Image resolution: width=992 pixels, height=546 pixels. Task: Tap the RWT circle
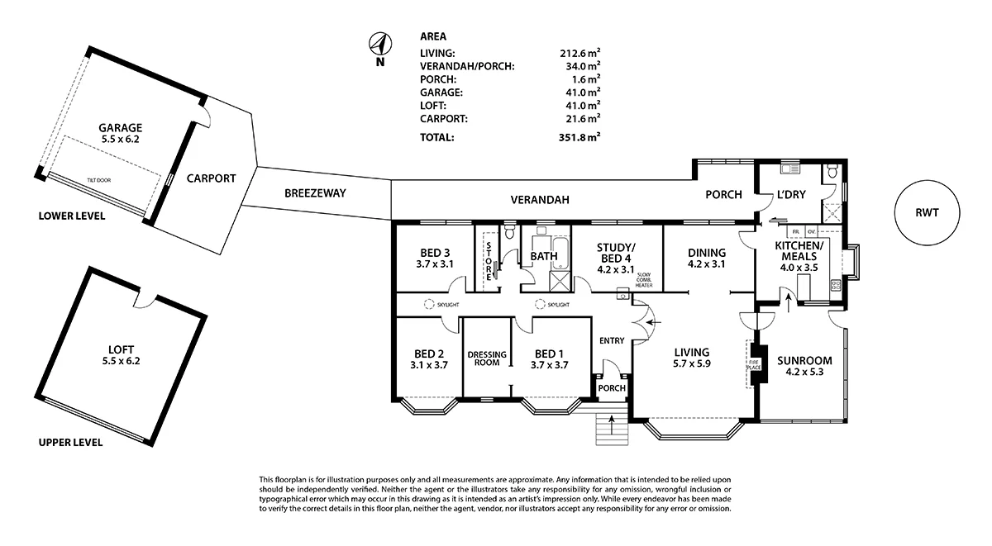[x=927, y=212]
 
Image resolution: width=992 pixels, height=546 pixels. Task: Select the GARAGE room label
[x=121, y=128]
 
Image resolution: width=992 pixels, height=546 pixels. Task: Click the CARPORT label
[x=211, y=178]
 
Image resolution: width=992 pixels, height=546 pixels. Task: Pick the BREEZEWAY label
[x=315, y=192]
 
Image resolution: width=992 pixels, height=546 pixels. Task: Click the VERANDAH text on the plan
[x=540, y=199]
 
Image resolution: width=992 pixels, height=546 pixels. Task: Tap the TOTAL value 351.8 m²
[x=579, y=137]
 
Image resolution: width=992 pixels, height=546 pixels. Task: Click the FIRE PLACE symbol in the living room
[x=755, y=363]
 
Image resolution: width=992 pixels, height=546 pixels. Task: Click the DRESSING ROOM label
[x=487, y=358]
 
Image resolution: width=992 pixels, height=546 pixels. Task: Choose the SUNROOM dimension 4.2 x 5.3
[x=804, y=373]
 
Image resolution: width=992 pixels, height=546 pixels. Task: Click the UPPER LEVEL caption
[x=71, y=442]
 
